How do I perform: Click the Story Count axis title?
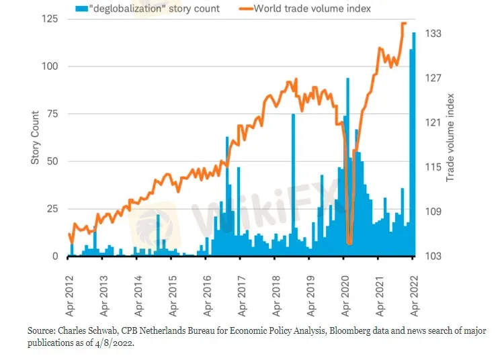(x=36, y=138)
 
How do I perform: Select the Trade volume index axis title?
(x=451, y=138)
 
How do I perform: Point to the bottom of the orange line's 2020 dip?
(x=349, y=242)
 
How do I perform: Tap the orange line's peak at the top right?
(x=403, y=24)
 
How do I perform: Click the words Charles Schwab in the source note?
(x=91, y=332)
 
